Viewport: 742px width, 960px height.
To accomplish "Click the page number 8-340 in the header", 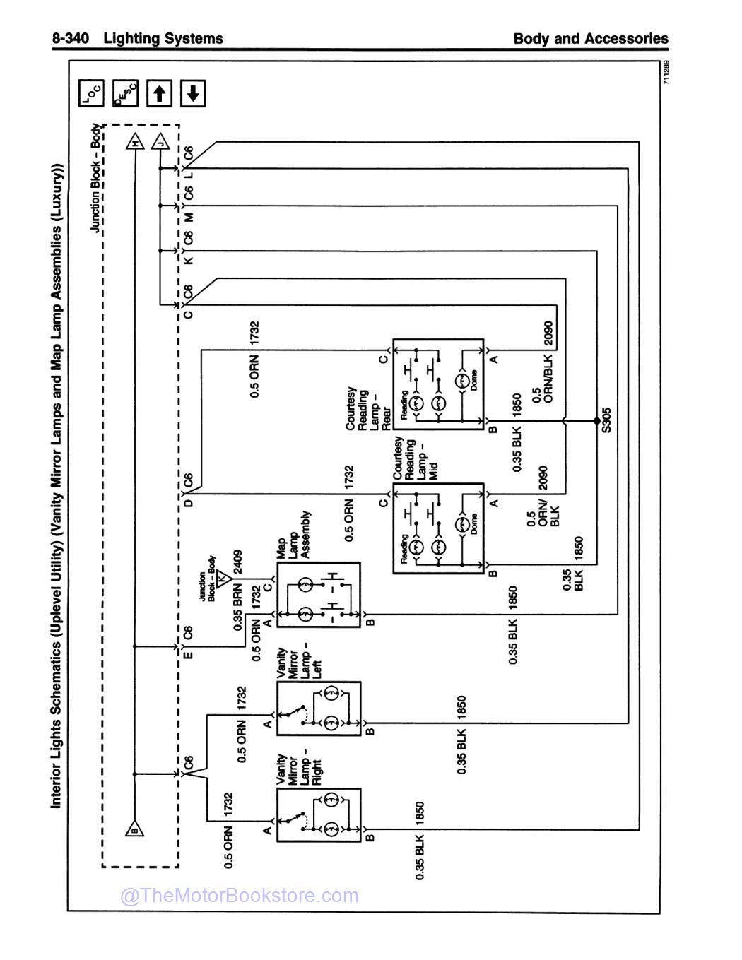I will click(x=71, y=38).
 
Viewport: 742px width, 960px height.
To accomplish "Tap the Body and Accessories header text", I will click(x=590, y=38).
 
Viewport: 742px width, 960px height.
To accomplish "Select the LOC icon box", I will click(x=91, y=93).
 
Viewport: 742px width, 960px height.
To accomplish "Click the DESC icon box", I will click(x=125, y=93).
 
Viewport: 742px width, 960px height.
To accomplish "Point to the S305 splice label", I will click(x=606, y=420).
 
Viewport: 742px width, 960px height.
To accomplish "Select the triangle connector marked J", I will click(x=160, y=142).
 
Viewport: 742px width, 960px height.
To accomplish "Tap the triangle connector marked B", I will click(x=134, y=829).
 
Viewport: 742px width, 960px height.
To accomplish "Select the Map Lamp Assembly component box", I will click(x=318, y=595).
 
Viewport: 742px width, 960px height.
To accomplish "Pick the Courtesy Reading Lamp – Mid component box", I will click(x=438, y=528).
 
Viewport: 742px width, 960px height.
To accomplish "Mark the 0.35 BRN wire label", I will click(x=237, y=606).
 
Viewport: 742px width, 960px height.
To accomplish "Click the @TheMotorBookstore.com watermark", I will click(x=240, y=896).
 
